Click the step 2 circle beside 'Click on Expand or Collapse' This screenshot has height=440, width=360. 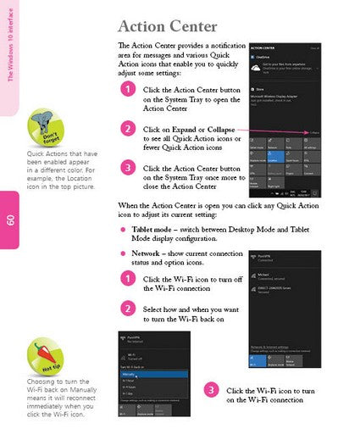coord(127,129)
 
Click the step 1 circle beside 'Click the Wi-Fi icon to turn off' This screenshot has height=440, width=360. coord(127,279)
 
